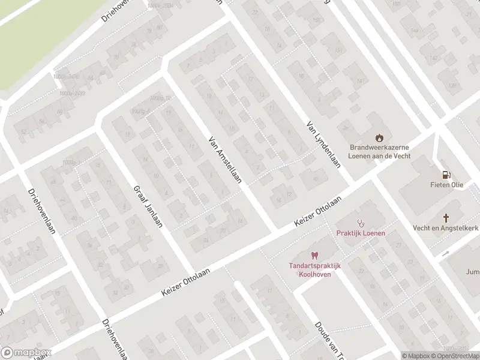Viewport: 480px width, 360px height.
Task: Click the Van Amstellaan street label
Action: (225, 159)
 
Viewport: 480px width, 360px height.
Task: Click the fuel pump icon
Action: (445, 175)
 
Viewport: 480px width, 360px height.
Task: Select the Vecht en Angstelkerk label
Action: (445, 228)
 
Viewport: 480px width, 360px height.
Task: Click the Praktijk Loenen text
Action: (361, 233)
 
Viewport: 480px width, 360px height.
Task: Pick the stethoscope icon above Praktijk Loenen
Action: (361, 222)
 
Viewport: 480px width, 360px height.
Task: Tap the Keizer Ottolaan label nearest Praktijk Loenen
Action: (317, 212)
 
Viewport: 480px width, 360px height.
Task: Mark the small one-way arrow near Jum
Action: (446, 253)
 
